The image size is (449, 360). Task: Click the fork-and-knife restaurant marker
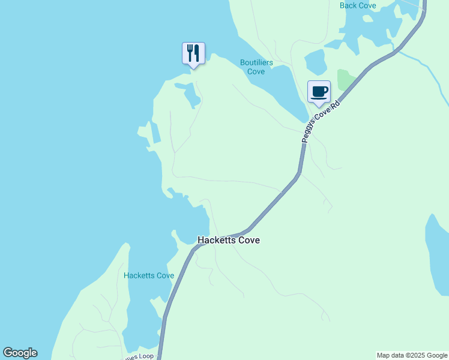pyautogui.click(x=193, y=53)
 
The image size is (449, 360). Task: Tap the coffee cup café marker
pyautogui.click(x=319, y=92)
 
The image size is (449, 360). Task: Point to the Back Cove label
pyautogui.click(x=358, y=5)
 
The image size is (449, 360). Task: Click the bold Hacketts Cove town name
pyautogui.click(x=228, y=240)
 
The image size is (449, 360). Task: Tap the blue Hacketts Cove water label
pyautogui.click(x=149, y=276)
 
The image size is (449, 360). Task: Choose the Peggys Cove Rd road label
pyautogui.click(x=321, y=121)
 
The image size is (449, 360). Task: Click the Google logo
pyautogui.click(x=20, y=353)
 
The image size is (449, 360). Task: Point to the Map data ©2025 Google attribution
pyautogui.click(x=412, y=355)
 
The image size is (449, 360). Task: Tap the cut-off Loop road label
pyautogui.click(x=139, y=356)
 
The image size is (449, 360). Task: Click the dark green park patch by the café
pyautogui.click(x=345, y=80)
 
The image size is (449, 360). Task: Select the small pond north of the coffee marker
pyautogui.click(x=315, y=61)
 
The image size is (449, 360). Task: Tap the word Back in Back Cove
pyautogui.click(x=349, y=5)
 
